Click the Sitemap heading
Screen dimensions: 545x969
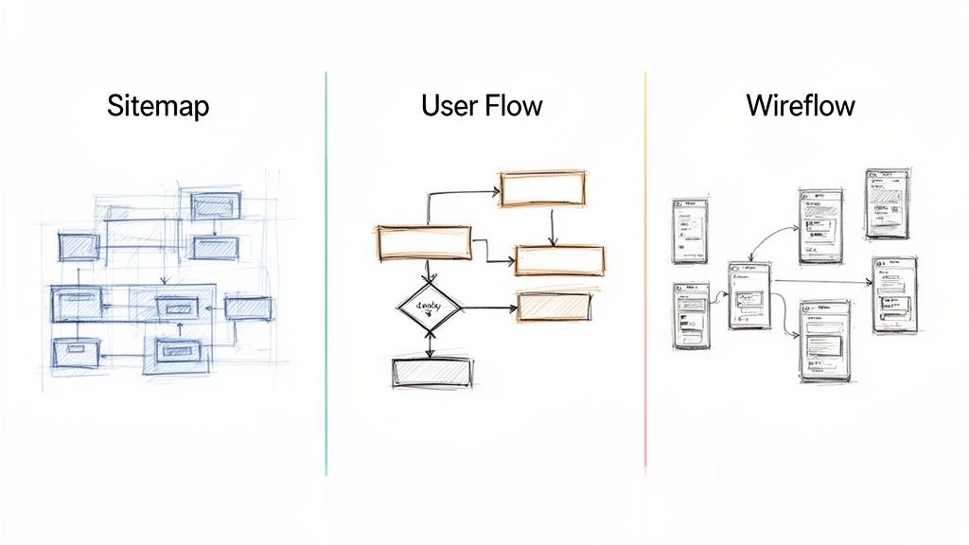tap(158, 105)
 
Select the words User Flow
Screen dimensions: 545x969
tap(482, 105)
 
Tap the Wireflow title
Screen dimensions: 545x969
tap(801, 105)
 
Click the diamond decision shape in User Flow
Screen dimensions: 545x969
tap(429, 307)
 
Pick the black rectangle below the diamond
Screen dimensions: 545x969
tap(431, 373)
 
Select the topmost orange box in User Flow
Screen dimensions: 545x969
tap(542, 188)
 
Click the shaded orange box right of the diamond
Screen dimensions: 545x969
tap(555, 306)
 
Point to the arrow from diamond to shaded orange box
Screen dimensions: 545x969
tap(488, 308)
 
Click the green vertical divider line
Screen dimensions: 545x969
tap(326, 274)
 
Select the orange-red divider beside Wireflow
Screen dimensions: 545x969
tap(645, 274)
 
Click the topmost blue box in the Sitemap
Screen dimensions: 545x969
tap(216, 205)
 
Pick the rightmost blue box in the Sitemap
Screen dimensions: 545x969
tap(249, 308)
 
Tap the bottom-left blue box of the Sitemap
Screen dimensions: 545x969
tap(77, 352)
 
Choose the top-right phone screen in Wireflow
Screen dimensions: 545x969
tap(888, 202)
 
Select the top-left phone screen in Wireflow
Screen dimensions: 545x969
tap(690, 231)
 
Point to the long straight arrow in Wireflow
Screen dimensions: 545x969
tap(821, 281)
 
